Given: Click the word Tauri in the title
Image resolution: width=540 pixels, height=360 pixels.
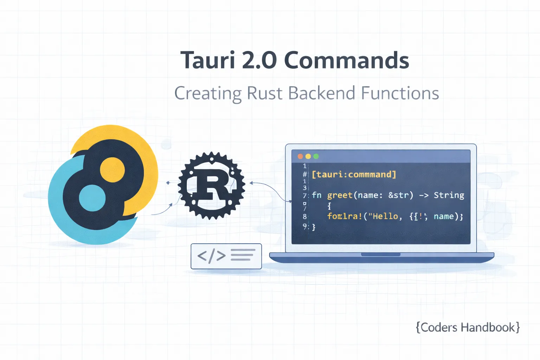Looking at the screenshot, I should pos(207,60).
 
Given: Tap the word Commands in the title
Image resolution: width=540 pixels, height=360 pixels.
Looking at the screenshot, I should pos(346,60).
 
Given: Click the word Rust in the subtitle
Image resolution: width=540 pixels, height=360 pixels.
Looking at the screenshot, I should pos(264,94).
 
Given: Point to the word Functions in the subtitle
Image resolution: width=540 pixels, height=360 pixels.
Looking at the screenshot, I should pos(400,94).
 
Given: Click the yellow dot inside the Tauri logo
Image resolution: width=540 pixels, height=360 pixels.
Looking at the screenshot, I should pos(112,169).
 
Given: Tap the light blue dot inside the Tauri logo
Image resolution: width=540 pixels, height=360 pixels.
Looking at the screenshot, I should pos(92,198).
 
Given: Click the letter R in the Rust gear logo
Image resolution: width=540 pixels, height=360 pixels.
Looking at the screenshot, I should pos(212,186).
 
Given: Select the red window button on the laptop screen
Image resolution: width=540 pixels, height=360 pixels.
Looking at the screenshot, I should pos(300,156).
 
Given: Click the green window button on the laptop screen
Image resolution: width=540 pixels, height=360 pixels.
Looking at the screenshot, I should pos(316,156).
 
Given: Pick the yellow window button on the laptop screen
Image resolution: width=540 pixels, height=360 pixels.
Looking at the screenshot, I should pos(308,156).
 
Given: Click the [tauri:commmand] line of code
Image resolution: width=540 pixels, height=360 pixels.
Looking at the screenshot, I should pos(354,174).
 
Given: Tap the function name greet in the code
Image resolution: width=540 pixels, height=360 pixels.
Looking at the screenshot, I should pos(340,195).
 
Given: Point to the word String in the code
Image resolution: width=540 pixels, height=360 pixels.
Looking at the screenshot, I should pos(449,195).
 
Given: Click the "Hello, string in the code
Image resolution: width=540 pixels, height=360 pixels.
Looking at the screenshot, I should pos(385,216).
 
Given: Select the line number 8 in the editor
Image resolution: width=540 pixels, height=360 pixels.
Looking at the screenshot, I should pos(305,217).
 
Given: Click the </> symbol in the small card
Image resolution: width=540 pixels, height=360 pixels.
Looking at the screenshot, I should pos(211,256).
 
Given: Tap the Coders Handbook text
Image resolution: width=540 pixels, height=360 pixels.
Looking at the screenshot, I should pos(468,327).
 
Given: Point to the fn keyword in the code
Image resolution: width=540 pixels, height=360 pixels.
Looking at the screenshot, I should pos(316,195).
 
